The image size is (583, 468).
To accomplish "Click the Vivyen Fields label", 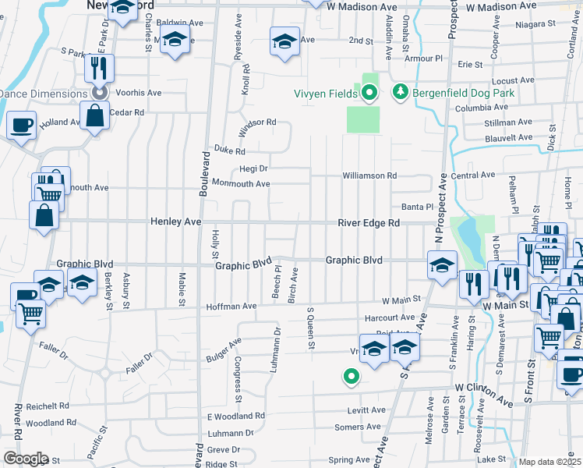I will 324,94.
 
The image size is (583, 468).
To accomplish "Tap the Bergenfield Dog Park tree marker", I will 401,93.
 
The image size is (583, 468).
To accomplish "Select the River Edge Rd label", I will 369,223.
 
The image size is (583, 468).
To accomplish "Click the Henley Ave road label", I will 175,222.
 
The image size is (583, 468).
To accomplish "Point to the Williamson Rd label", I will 370,176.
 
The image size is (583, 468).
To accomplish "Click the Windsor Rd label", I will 257,122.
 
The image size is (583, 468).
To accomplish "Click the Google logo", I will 26,459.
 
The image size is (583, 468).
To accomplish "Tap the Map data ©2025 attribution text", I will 550,462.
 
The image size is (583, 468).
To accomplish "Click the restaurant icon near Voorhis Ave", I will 99,67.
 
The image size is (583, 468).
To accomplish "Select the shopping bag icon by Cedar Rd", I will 94,117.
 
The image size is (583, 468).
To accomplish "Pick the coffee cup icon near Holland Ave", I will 21,125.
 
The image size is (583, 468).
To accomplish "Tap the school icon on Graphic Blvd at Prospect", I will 442,266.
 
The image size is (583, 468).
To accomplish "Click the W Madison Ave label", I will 362,6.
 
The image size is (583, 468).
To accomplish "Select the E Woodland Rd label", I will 235,417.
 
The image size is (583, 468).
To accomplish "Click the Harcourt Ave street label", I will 390,317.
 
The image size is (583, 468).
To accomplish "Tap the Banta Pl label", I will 416,207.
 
